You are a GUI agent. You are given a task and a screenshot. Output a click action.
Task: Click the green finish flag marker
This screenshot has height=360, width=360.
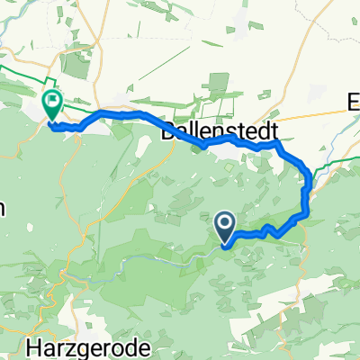[x=52, y=105]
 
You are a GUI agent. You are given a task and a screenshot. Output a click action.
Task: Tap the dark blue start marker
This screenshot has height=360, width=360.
[x=225, y=225]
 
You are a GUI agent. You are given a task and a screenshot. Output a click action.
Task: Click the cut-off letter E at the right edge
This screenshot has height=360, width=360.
[x=354, y=103]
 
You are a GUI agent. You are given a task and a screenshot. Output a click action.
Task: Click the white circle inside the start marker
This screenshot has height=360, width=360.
[x=225, y=221]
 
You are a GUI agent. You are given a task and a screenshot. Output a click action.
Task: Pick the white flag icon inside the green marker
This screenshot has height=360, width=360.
[x=52, y=102]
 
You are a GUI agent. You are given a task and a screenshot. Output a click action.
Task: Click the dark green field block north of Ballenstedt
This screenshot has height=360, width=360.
[x=216, y=90]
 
